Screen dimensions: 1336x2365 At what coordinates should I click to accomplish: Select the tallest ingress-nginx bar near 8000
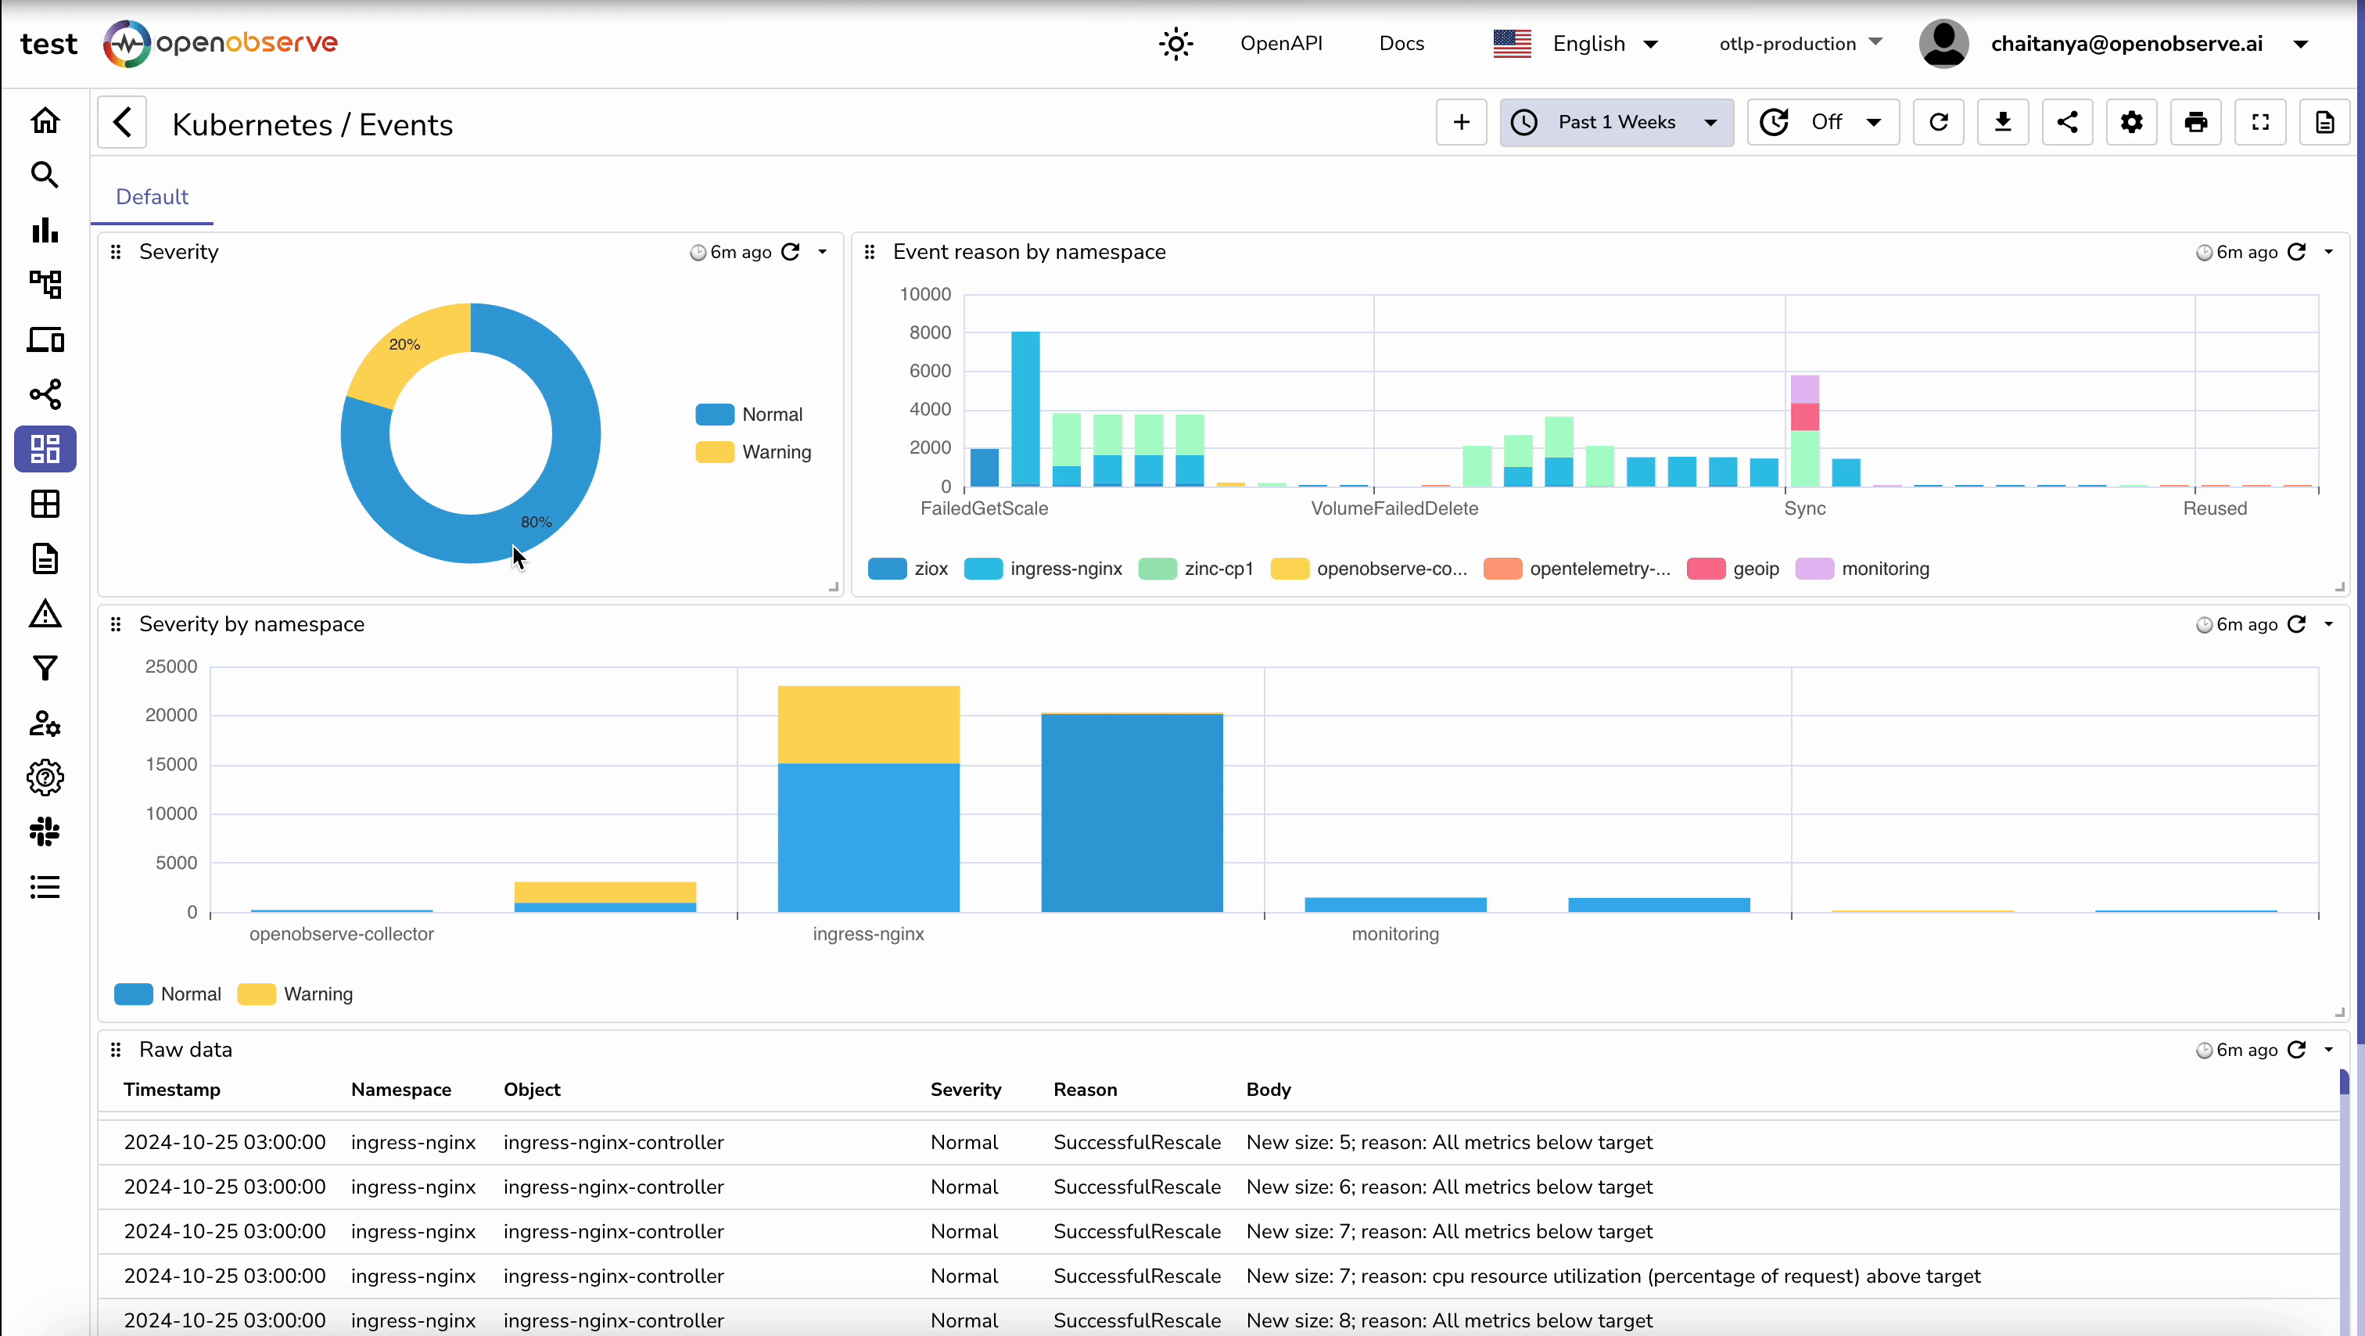pos(1025,404)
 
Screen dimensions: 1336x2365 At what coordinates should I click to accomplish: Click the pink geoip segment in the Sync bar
pos(1804,417)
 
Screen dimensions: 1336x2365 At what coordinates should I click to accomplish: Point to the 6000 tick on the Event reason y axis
pos(929,371)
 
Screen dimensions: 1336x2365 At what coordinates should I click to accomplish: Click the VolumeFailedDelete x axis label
pos(1394,508)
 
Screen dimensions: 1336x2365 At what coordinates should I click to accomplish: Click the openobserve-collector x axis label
pos(342,934)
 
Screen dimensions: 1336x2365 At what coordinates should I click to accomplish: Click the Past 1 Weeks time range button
pos(1616,122)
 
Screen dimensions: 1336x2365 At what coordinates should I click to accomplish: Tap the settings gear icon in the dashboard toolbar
pos(2131,122)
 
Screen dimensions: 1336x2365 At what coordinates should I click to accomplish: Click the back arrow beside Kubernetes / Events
pos(123,122)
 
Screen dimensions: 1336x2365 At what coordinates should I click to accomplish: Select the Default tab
pos(152,196)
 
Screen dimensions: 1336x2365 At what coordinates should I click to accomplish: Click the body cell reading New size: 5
pos(1448,1142)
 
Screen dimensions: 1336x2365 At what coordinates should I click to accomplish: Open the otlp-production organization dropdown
pos(1800,43)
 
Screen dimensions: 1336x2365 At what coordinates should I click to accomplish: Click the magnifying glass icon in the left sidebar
pos(45,174)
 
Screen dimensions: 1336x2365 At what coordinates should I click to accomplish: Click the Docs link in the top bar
pos(1401,43)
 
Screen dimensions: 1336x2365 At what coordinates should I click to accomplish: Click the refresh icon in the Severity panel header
pos(791,252)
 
